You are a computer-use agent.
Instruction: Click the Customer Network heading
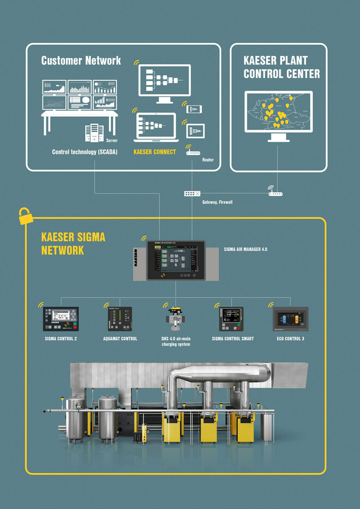[x=81, y=60]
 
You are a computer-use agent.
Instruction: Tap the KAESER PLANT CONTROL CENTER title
[x=281, y=67]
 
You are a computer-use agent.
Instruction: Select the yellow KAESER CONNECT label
[x=154, y=152]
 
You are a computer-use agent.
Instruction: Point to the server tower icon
[x=94, y=133]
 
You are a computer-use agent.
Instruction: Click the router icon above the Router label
[x=192, y=152]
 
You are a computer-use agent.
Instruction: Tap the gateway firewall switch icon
[x=193, y=193]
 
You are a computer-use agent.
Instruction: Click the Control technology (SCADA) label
[x=81, y=152]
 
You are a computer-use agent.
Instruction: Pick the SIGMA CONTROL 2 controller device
[x=61, y=319]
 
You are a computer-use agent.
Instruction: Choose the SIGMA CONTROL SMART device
[x=232, y=319]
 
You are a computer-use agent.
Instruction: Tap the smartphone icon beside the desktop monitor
[x=195, y=109]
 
